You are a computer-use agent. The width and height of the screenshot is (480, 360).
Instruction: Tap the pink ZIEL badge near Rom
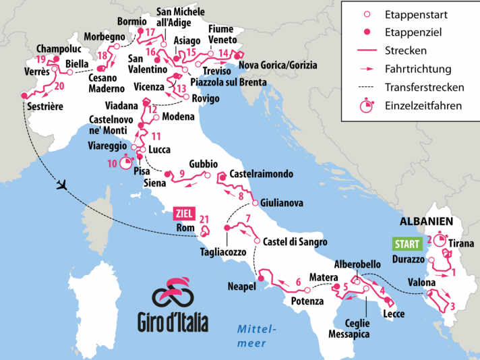(184, 213)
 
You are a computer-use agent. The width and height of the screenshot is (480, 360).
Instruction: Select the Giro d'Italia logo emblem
(173, 293)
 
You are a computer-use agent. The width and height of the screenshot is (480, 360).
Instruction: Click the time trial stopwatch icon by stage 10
(126, 162)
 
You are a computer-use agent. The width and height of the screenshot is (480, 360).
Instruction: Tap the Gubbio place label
(204, 164)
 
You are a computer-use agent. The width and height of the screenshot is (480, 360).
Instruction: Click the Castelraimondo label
(262, 174)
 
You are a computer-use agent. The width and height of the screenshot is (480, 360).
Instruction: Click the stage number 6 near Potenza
(299, 282)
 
